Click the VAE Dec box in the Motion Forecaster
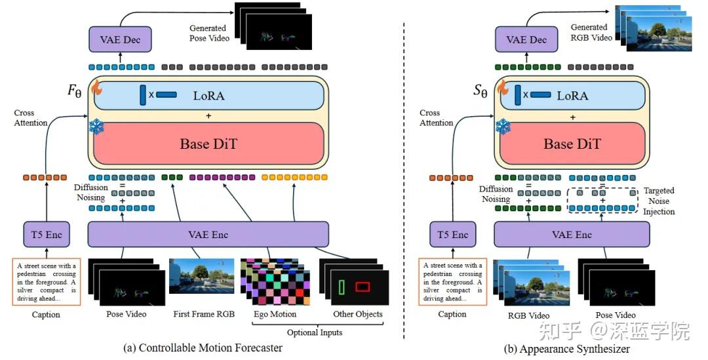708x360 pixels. click(x=120, y=40)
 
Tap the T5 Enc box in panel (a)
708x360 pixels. click(x=46, y=235)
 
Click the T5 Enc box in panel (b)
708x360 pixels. click(x=452, y=235)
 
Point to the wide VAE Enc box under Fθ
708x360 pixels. click(x=208, y=235)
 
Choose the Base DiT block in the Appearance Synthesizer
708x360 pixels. click(x=572, y=144)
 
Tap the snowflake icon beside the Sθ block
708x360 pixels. click(x=503, y=126)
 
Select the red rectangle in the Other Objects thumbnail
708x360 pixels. click(x=363, y=287)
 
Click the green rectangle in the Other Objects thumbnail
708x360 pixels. click(x=341, y=287)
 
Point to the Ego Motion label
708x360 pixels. click(x=275, y=314)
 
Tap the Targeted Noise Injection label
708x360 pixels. click(x=658, y=201)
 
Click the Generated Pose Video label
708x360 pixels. click(x=208, y=33)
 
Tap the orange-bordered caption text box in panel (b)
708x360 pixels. click(x=452, y=282)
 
